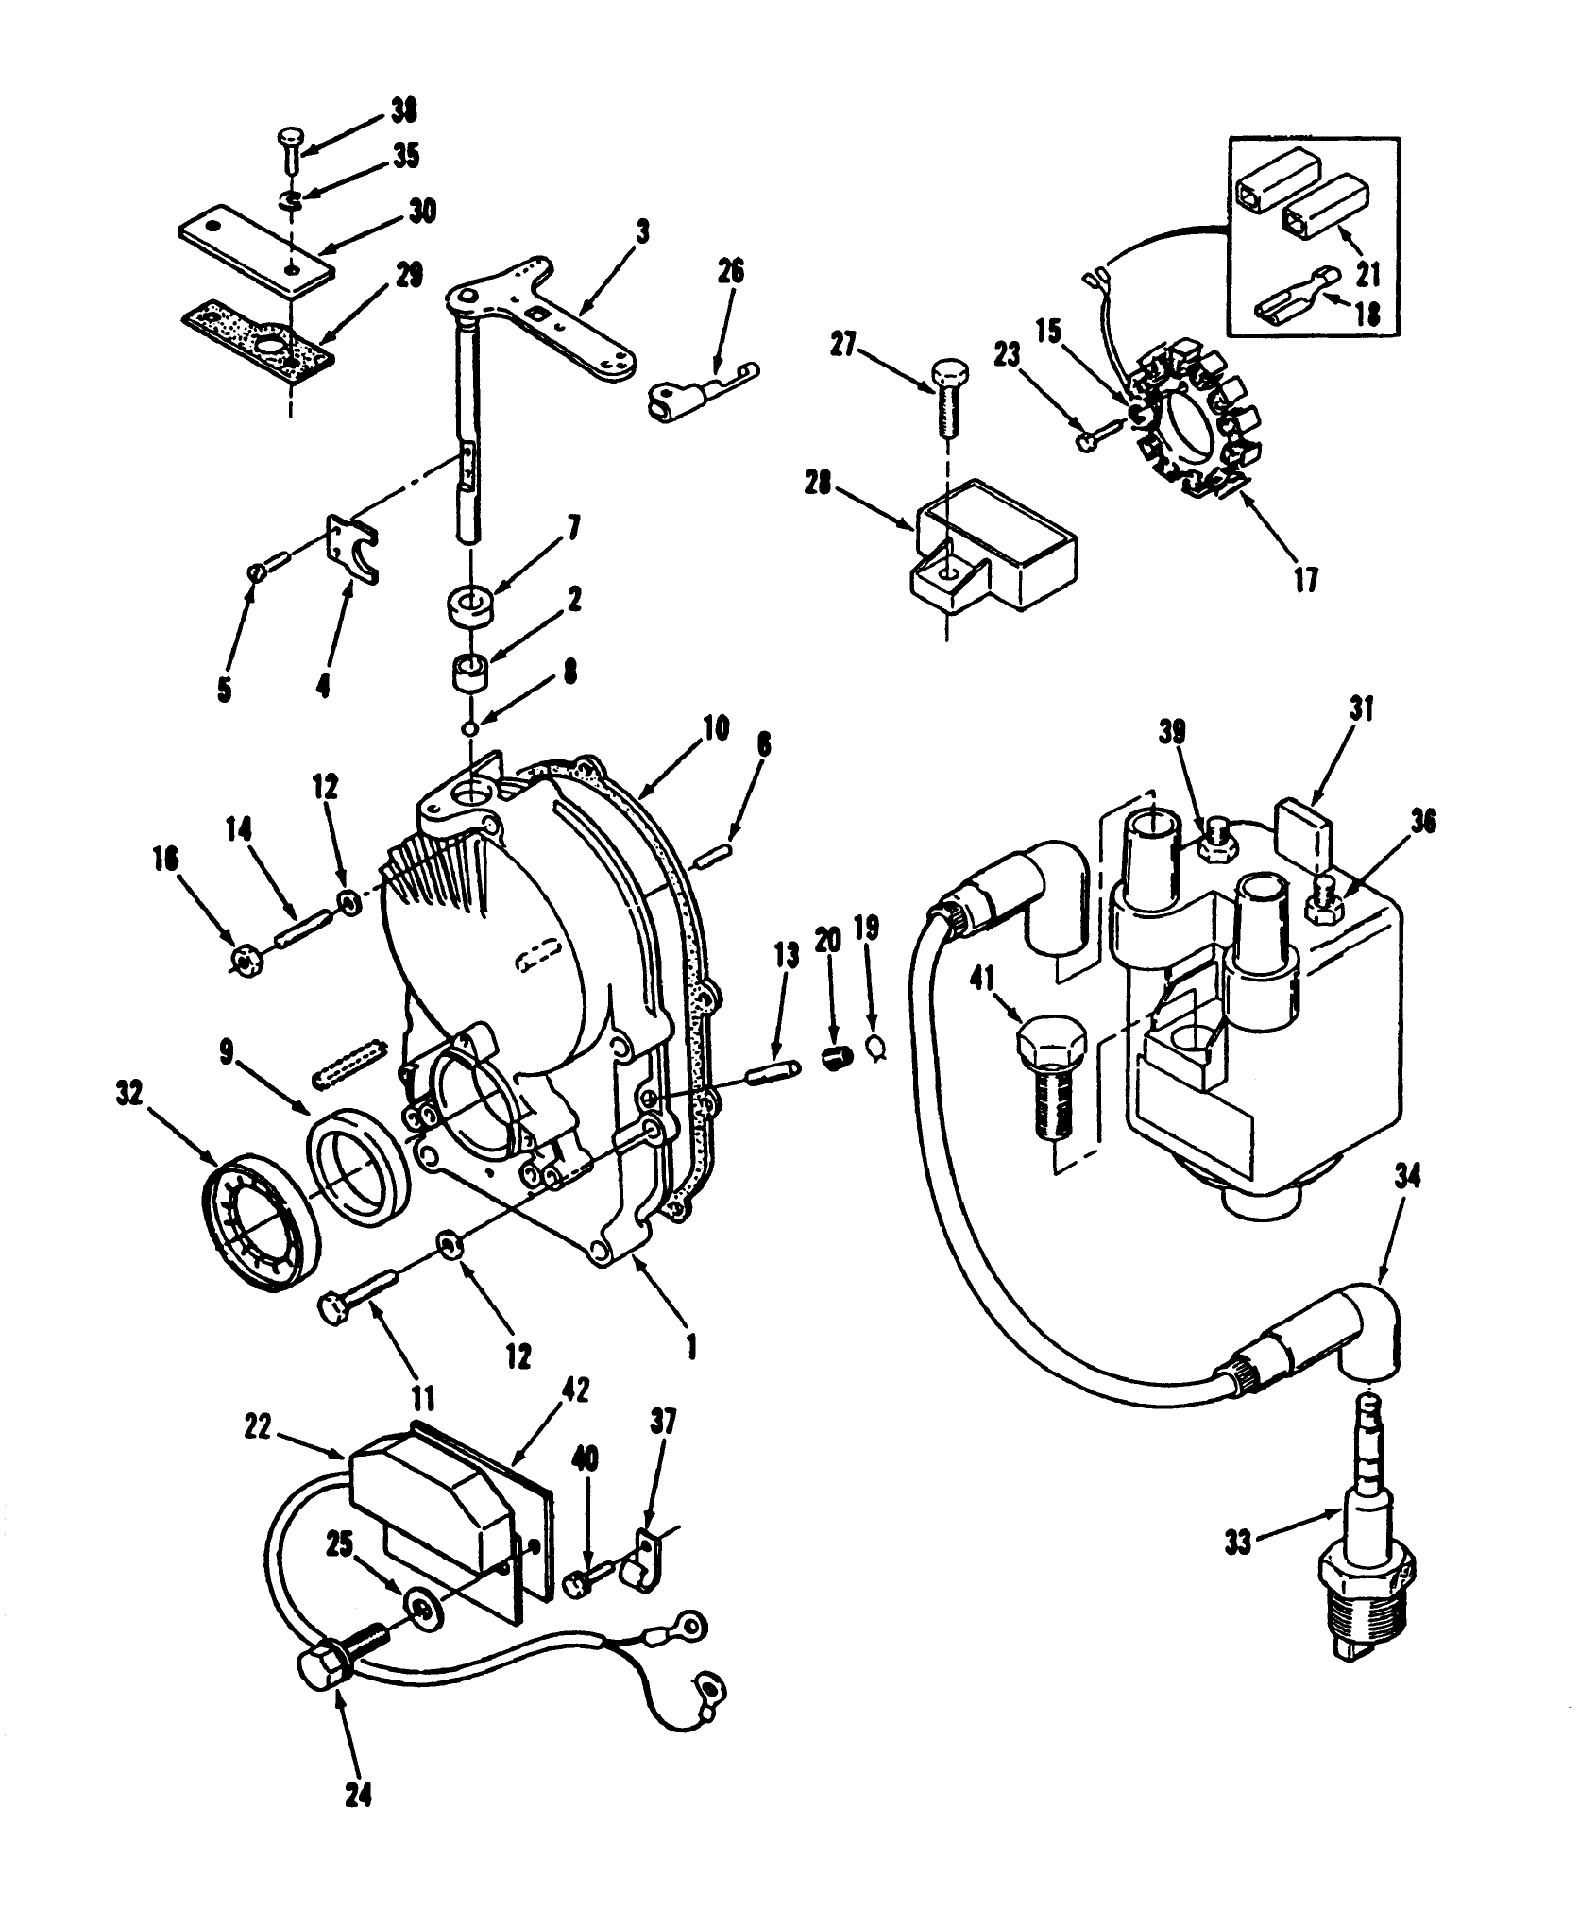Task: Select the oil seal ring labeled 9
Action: pos(360,1166)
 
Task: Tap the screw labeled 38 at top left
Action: pos(289,151)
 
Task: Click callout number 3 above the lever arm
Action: pos(643,232)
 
